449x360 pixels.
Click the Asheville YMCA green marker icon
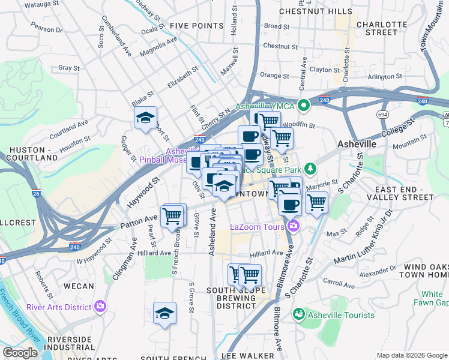[304, 106]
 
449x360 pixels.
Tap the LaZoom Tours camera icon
[293, 226]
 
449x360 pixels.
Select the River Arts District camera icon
[100, 307]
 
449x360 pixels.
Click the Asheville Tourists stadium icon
[298, 314]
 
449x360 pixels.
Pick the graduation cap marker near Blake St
[145, 118]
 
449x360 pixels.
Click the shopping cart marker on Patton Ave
[172, 215]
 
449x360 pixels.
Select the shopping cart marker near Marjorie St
[316, 202]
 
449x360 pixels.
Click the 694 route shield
[382, 113]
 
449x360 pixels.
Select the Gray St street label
[69, 68]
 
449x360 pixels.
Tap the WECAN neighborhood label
[78, 286]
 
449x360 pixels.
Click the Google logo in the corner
[20, 353]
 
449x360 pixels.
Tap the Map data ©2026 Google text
[411, 355]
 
